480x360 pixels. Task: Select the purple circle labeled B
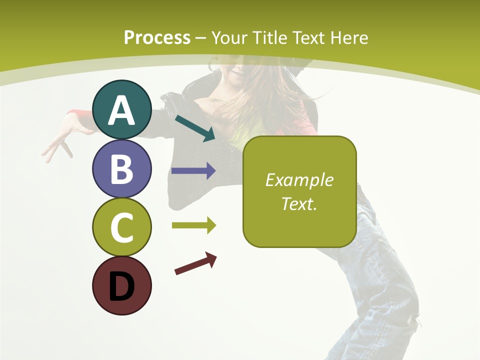coord(121,169)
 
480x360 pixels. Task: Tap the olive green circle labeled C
coord(121,227)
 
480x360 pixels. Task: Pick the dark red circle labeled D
coord(121,285)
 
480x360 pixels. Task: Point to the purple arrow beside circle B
coord(193,171)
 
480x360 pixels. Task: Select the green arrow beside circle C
coord(193,225)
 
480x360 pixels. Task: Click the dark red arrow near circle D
coord(195,263)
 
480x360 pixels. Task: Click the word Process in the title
coord(157,37)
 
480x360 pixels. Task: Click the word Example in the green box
coord(299,180)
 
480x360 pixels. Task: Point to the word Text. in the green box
coord(299,203)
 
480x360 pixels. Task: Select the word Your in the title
coord(227,37)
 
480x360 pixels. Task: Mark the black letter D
coord(121,286)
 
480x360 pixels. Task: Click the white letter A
coord(121,110)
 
